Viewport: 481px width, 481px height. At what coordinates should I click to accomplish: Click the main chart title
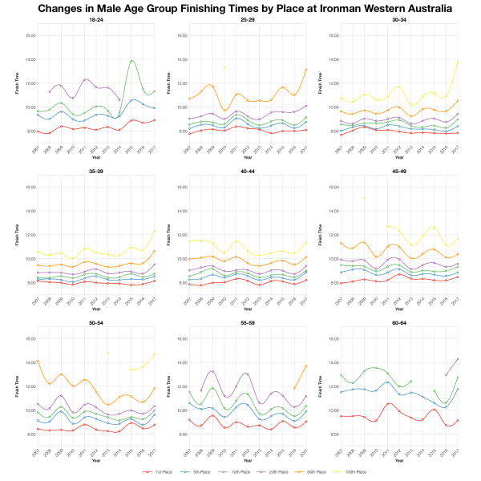pyautogui.click(x=240, y=9)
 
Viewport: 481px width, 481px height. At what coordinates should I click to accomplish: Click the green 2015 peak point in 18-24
pyautogui.click(x=131, y=61)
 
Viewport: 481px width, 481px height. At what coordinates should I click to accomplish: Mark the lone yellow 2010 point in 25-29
pyautogui.click(x=224, y=67)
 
